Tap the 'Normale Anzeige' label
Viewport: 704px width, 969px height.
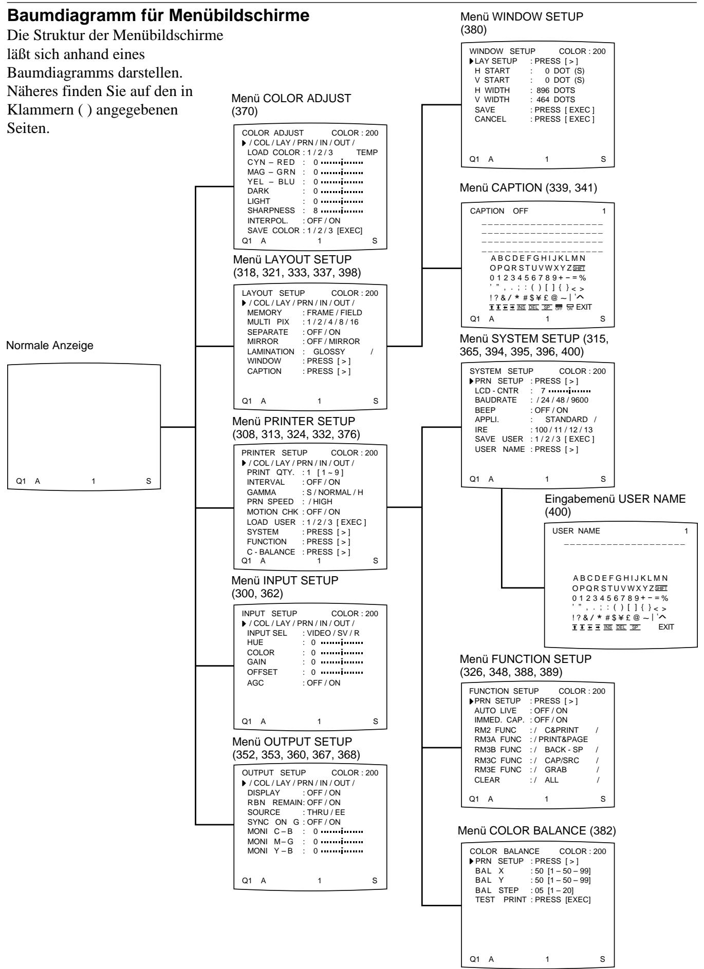coord(50,346)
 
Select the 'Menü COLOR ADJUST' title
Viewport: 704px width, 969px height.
coord(292,100)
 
